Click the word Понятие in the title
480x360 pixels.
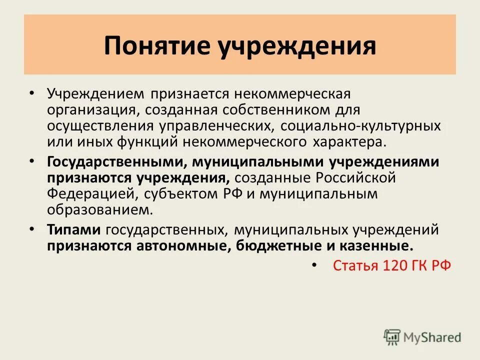[156, 45]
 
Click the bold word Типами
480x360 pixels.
[74, 230]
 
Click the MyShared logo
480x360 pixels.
[422, 337]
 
